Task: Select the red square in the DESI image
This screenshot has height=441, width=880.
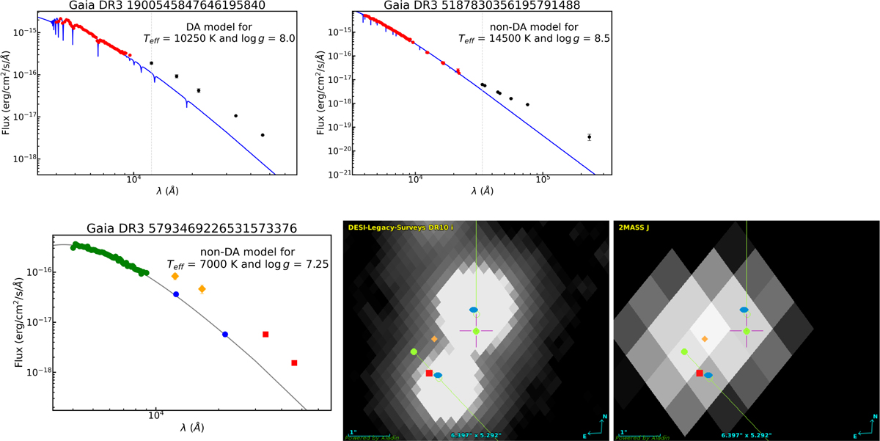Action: tap(429, 373)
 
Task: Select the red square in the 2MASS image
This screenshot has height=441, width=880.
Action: tap(700, 373)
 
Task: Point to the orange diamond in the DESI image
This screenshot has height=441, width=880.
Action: tap(435, 339)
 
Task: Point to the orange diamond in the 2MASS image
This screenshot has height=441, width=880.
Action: tap(705, 339)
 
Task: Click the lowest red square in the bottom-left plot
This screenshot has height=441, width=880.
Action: tap(294, 363)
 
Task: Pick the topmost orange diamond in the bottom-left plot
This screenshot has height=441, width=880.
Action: tap(175, 276)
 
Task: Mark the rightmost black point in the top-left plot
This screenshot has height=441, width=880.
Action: tap(263, 135)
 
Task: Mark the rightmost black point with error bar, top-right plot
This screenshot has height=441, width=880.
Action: tap(589, 137)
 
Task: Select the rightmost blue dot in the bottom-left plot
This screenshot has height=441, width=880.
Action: tap(225, 335)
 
